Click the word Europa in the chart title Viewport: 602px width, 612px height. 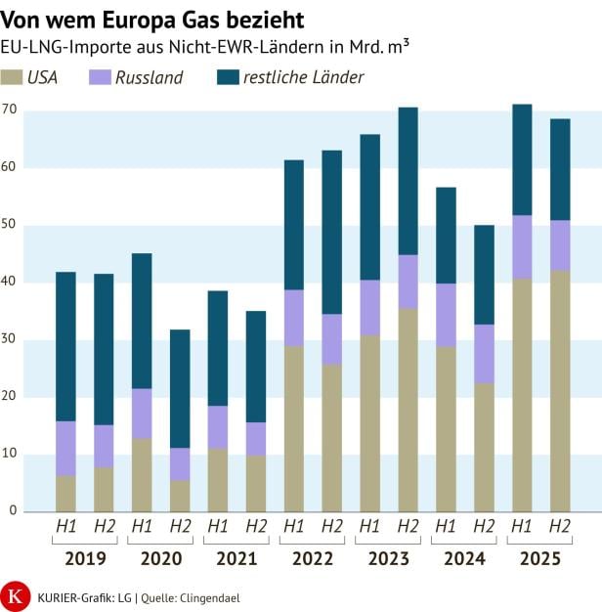tap(116, 20)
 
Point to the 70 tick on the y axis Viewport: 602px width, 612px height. tap(10, 110)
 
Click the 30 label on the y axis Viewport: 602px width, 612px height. tap(10, 339)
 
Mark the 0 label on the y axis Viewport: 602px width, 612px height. tap(14, 510)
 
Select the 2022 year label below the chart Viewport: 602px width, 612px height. tap(313, 558)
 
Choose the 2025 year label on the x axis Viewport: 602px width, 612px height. tap(540, 558)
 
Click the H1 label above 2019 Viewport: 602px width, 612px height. tap(65, 527)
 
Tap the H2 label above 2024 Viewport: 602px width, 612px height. tap(484, 527)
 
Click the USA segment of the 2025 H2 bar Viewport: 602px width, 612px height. tap(560, 391)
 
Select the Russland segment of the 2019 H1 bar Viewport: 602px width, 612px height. tap(65, 449)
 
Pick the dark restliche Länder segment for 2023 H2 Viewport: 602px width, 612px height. tap(408, 181)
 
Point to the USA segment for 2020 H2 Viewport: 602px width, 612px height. tap(180, 495)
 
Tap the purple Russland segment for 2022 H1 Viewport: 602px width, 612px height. tap(293, 318)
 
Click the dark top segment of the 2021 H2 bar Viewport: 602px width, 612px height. tap(256, 367)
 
